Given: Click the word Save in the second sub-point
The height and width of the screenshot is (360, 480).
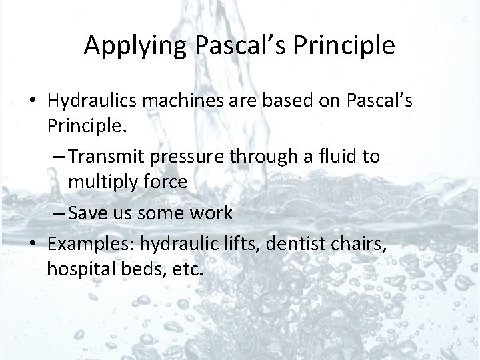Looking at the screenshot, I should tap(85, 213).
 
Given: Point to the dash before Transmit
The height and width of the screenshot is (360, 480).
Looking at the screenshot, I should tap(57, 157).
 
